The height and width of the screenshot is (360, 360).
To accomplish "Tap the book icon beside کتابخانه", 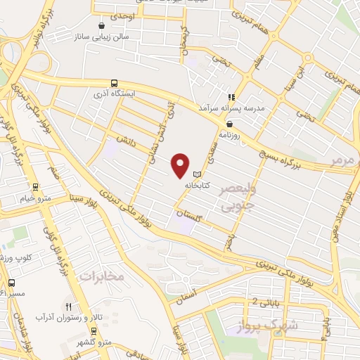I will (x=198, y=174).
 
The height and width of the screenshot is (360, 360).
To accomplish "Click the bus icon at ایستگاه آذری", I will (x=115, y=82).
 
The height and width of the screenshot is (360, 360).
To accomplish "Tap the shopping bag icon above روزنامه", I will (x=229, y=123).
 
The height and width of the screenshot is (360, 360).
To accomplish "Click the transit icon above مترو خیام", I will (x=35, y=186).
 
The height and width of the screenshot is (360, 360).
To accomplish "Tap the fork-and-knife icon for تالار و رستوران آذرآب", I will (x=68, y=307).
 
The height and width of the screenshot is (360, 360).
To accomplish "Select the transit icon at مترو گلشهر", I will (x=94, y=330).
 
